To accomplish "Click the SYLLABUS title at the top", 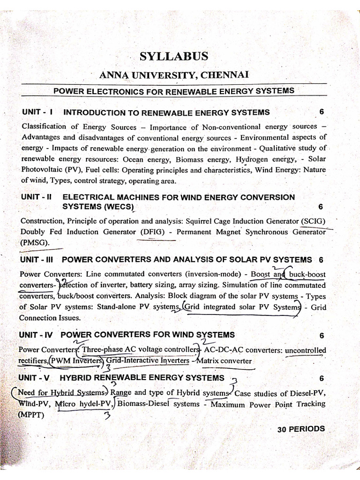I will pyautogui.click(x=173, y=57).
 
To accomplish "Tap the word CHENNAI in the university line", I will pyautogui.click(x=226, y=75).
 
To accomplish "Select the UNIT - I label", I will pyautogui.click(x=38, y=112).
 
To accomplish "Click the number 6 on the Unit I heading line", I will pyautogui.click(x=321, y=112).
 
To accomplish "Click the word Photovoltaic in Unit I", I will pyautogui.click(x=41, y=170).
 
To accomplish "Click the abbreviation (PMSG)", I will pyautogui.click(x=35, y=243).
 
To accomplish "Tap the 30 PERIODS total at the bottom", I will pyautogui.click(x=300, y=429).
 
